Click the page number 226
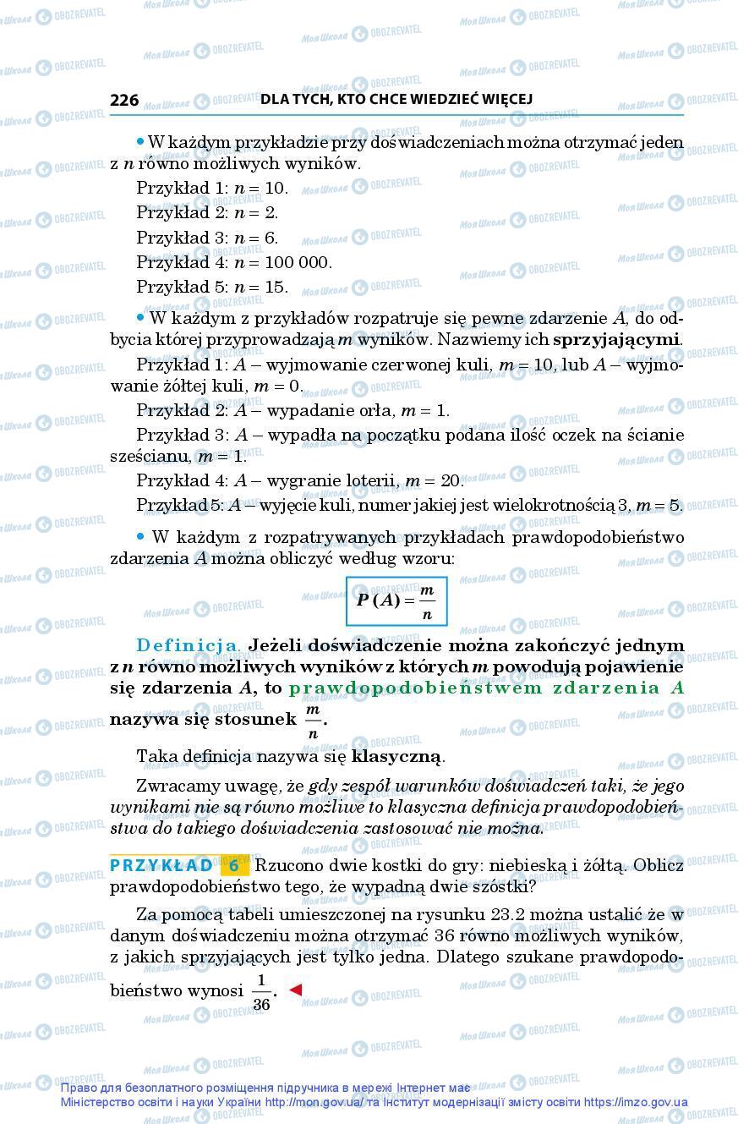click(x=124, y=100)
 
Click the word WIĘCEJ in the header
click(x=505, y=99)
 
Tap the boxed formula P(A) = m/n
click(x=396, y=600)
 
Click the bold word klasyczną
click(x=396, y=756)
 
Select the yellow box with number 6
click(x=234, y=866)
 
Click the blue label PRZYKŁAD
click(x=161, y=866)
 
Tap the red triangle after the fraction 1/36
click(x=295, y=989)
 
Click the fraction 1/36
click(x=261, y=991)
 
